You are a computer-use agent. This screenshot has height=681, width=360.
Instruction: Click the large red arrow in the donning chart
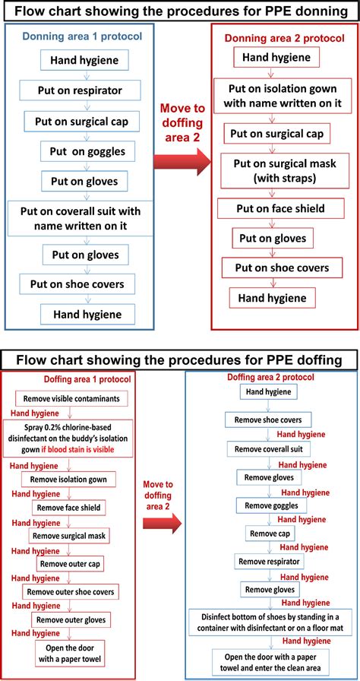[x=183, y=161]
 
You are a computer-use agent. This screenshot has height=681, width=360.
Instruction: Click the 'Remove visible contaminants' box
[x=71, y=398]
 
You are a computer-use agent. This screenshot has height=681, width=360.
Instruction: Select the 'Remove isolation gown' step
[x=72, y=480]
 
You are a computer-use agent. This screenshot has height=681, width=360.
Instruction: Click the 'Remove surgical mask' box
[x=69, y=536]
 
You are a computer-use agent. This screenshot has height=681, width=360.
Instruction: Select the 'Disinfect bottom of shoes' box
[x=269, y=622]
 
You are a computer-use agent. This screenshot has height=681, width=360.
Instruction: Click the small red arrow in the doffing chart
[x=163, y=521]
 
